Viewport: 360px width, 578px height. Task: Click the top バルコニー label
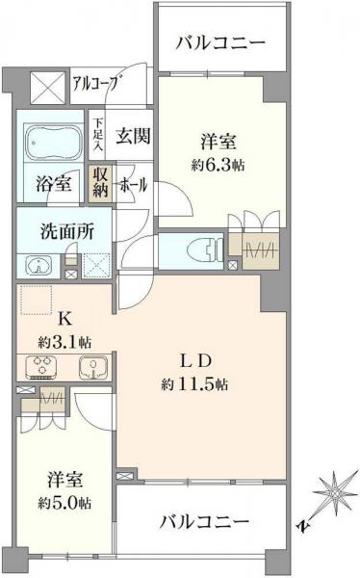(x=221, y=42)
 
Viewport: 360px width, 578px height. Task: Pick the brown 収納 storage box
(x=101, y=181)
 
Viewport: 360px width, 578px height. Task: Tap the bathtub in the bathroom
(x=50, y=144)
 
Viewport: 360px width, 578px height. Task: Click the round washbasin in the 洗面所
(x=36, y=265)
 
